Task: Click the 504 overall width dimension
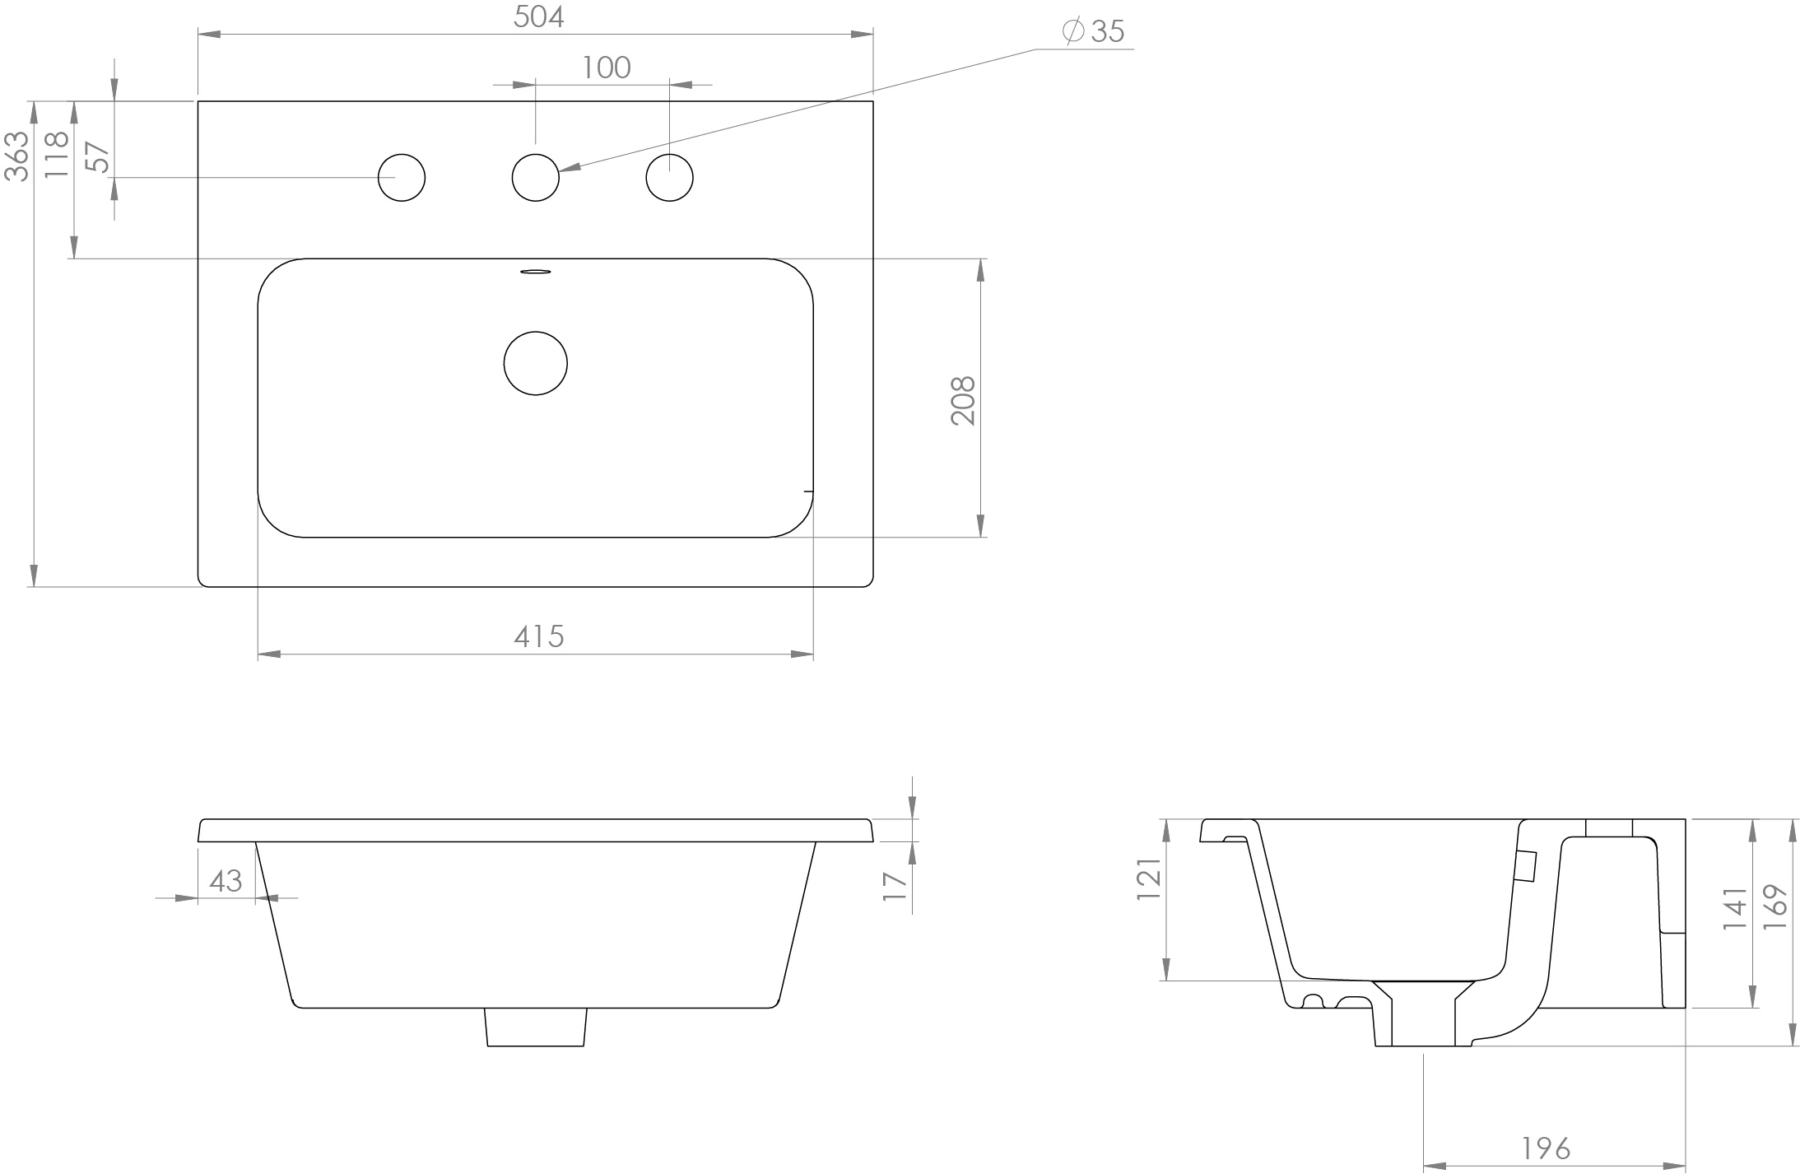(538, 17)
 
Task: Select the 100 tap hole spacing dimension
(607, 68)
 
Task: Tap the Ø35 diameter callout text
(1094, 31)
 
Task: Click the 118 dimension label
(57, 154)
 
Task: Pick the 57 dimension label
(97, 156)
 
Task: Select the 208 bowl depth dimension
(963, 400)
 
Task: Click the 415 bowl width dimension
(538, 636)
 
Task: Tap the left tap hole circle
(402, 177)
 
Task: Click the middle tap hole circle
(535, 177)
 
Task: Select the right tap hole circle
(669, 177)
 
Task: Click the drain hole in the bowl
(535, 363)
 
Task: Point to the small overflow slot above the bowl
(536, 271)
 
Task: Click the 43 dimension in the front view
(226, 881)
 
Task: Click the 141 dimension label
(1734, 908)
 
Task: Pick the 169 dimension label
(1775, 907)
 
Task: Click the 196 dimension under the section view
(1545, 1148)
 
